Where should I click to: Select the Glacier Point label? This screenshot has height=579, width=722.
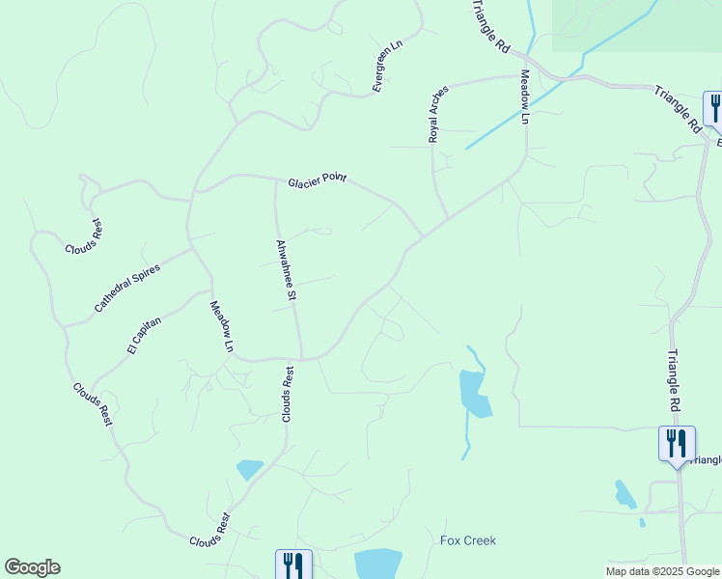point(317,180)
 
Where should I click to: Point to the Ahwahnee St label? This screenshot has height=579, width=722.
point(285,269)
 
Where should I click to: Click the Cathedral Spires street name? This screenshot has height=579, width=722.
point(126,288)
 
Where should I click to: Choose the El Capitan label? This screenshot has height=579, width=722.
point(142,334)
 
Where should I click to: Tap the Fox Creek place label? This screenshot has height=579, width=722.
point(468,540)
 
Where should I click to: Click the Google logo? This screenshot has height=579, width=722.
point(32,567)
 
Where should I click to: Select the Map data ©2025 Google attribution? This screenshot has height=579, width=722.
point(662,571)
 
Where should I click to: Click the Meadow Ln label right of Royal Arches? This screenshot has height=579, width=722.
point(525,96)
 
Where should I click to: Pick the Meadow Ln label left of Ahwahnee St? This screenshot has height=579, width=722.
point(222,326)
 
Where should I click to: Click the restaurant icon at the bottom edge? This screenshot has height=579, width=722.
point(293,565)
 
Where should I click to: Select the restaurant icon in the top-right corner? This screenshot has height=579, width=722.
point(713,107)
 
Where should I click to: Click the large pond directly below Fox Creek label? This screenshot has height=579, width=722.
point(377,564)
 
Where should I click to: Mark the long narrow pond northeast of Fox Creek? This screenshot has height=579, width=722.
point(474,394)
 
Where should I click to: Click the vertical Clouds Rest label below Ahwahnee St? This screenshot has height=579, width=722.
point(287,393)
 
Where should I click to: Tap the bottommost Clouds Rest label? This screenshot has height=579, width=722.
point(209,529)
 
